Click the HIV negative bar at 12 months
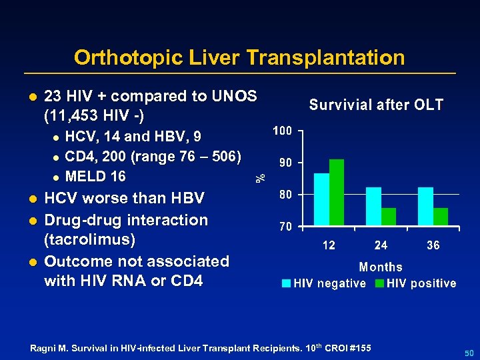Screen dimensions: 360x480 click(321, 200)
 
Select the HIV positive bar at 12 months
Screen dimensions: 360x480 click(337, 193)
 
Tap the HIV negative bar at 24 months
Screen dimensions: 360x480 click(373, 207)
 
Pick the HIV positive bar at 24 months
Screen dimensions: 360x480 click(389, 217)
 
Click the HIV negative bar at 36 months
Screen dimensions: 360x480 click(425, 207)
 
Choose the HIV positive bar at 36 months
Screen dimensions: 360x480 click(441, 217)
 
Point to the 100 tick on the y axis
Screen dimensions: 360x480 click(281, 131)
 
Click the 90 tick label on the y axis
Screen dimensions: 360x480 click(285, 163)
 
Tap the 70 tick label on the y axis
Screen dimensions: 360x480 click(285, 227)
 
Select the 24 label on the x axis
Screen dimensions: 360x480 click(381, 245)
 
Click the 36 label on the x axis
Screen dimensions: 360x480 click(433, 245)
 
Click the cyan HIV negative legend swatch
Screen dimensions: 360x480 click(287, 283)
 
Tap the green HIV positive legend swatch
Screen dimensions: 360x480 click(379, 283)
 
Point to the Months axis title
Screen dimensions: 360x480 click(381, 267)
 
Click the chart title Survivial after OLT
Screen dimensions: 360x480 click(376, 105)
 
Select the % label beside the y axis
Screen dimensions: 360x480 click(262, 177)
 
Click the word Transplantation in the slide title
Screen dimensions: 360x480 click(325, 58)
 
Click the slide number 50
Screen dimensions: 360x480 click(468, 351)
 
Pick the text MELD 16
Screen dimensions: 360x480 click(96, 177)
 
